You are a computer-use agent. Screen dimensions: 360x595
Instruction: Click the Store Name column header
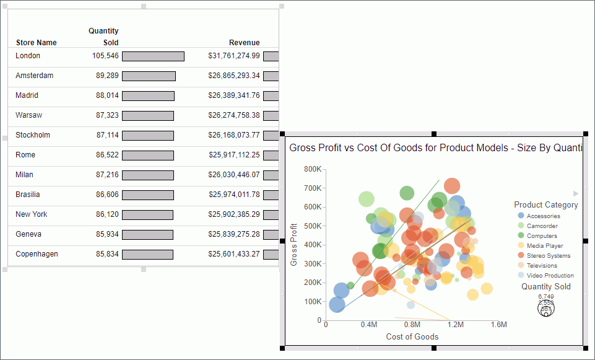tap(36, 43)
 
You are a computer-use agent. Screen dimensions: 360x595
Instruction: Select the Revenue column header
tap(244, 43)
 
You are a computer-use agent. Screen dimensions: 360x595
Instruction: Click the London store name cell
tap(28, 56)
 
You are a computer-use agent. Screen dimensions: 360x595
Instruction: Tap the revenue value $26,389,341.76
tap(234, 95)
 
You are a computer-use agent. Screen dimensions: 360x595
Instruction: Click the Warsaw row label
tap(28, 115)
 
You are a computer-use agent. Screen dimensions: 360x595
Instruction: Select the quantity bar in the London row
tap(153, 56)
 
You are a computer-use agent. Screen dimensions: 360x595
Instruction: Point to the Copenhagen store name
tap(37, 254)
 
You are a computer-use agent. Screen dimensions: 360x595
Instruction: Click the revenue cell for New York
tap(234, 214)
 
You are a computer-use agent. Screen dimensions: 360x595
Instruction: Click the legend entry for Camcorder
tap(542, 226)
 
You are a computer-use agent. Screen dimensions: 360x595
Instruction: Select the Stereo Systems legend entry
tap(548, 256)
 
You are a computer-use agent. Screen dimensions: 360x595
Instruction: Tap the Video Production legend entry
tap(550, 276)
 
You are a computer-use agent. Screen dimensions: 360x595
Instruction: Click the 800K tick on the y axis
tap(312, 169)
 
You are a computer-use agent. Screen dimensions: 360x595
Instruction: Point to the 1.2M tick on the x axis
tap(456, 325)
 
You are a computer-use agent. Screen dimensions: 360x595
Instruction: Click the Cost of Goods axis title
tap(412, 337)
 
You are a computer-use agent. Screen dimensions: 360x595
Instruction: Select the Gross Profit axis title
tap(294, 245)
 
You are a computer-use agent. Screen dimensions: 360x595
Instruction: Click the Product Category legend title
tap(545, 205)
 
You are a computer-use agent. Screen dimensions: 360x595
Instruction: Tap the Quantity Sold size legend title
tap(545, 287)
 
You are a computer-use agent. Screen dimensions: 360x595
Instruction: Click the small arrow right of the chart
tap(576, 193)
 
